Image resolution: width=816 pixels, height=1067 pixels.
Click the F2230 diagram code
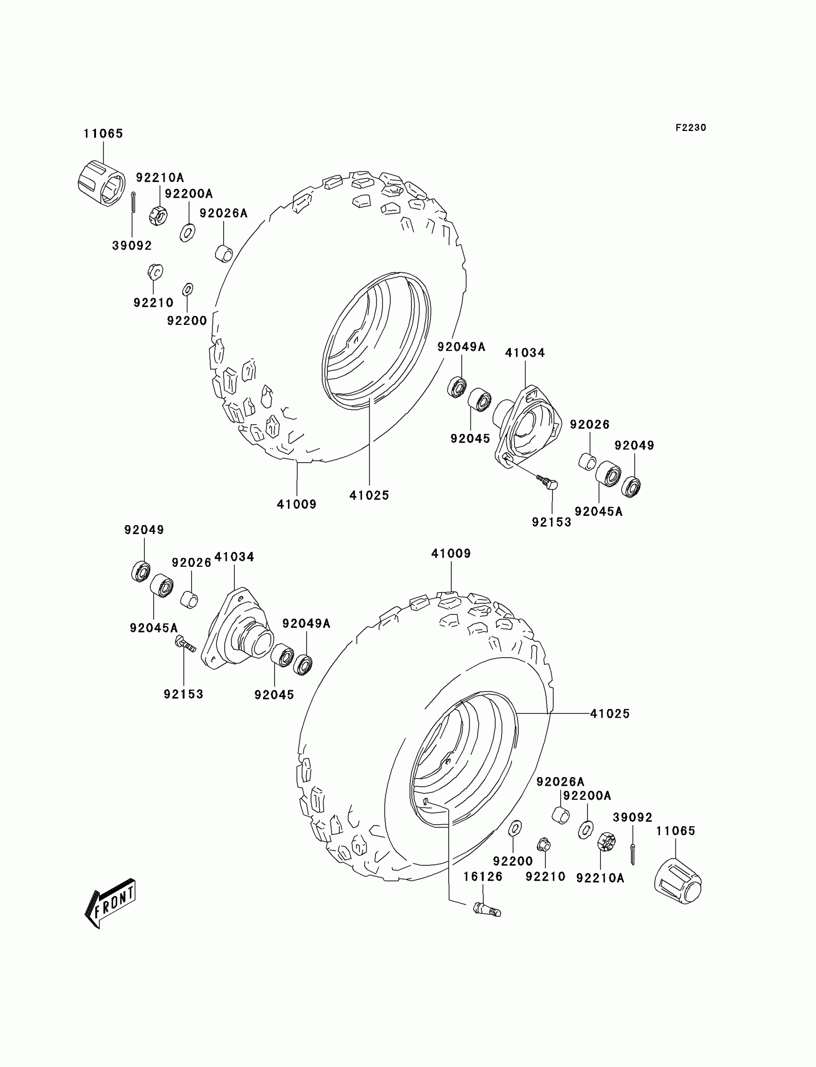click(x=690, y=128)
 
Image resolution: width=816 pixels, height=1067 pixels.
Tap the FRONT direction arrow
click(x=111, y=903)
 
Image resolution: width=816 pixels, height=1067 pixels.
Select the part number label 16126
click(x=482, y=876)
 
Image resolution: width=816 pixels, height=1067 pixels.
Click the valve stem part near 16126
click(x=486, y=909)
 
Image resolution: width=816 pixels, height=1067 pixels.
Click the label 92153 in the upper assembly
click(x=552, y=522)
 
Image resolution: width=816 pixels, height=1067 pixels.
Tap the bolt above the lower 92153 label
click(x=184, y=644)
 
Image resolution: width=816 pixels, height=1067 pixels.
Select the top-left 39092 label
click(x=132, y=246)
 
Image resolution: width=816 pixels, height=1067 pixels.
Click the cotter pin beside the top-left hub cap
click(x=133, y=202)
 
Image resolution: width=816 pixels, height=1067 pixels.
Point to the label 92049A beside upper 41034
click(x=461, y=347)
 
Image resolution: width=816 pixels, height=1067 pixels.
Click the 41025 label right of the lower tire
click(x=610, y=713)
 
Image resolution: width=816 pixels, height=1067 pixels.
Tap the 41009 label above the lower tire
click(x=451, y=553)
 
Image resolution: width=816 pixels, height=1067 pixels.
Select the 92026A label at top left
click(x=223, y=213)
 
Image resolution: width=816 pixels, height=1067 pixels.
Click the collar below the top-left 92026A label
click(x=224, y=253)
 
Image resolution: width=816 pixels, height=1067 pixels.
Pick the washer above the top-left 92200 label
click(x=188, y=289)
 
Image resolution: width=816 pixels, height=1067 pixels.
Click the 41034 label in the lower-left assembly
click(x=234, y=557)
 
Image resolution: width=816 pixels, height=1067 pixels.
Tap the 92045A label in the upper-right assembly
click(x=599, y=511)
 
